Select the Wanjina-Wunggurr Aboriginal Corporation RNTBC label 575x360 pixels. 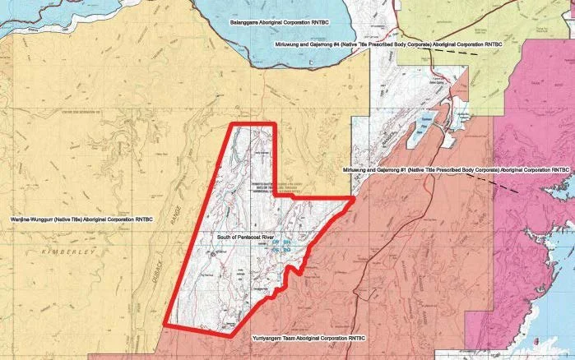point(80,220)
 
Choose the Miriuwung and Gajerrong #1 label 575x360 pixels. point(455,170)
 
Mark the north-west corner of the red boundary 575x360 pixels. point(229,125)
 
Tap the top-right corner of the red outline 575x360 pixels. point(271,125)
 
